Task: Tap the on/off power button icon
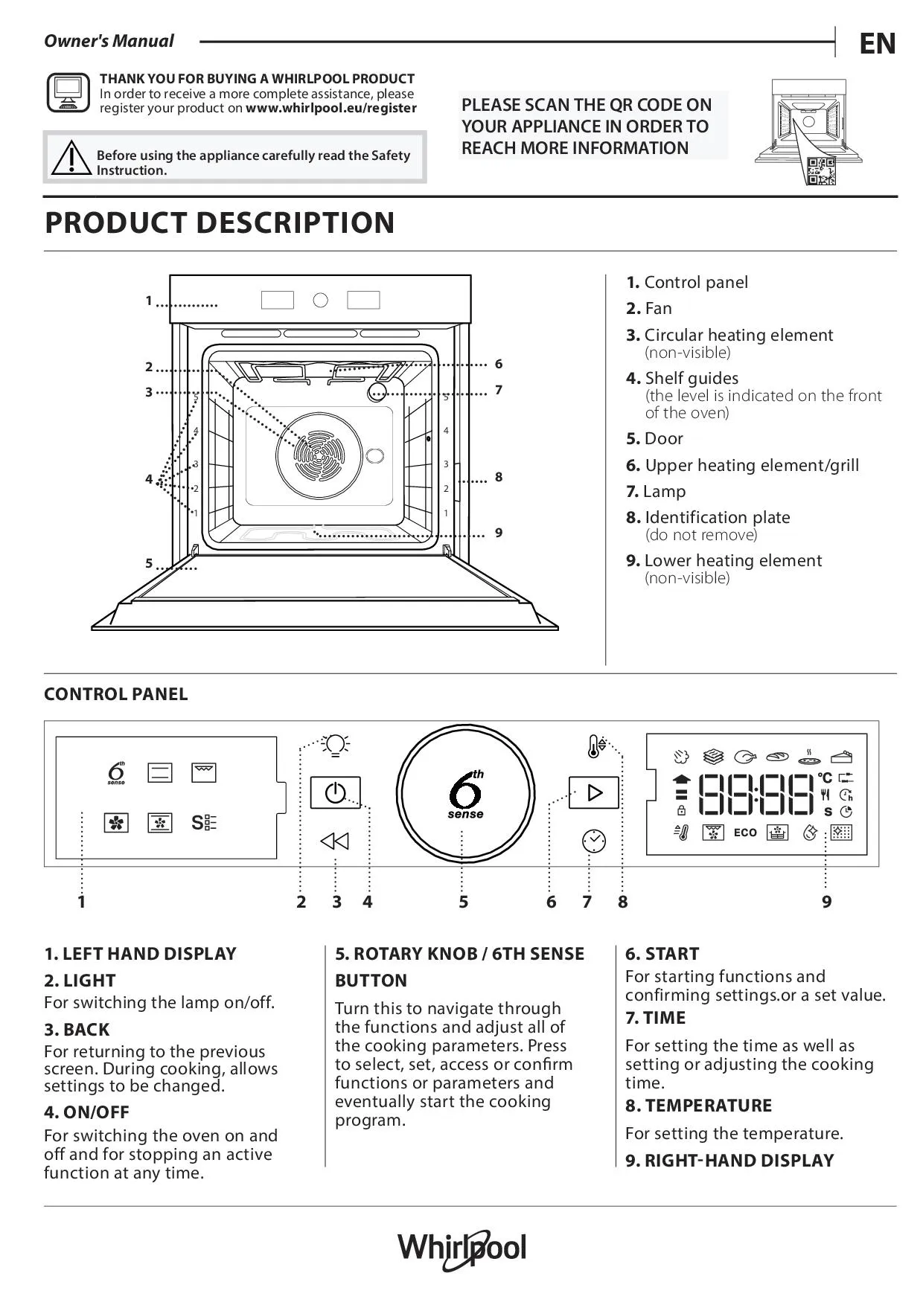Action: click(335, 793)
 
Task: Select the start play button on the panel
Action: click(594, 792)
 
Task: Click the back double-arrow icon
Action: click(335, 841)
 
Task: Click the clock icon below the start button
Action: click(593, 841)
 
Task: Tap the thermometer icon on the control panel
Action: click(595, 746)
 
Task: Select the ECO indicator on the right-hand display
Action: click(745, 833)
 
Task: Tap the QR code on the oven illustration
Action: click(822, 171)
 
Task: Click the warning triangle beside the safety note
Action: click(71, 158)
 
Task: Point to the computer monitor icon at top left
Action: click(68, 93)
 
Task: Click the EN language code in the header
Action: click(878, 44)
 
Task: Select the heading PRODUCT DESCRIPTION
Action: click(220, 222)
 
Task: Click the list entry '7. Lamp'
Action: click(656, 491)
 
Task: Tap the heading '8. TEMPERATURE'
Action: click(698, 1106)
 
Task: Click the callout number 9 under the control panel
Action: click(826, 902)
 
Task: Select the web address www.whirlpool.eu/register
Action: click(331, 108)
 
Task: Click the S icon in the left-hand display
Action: click(204, 823)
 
